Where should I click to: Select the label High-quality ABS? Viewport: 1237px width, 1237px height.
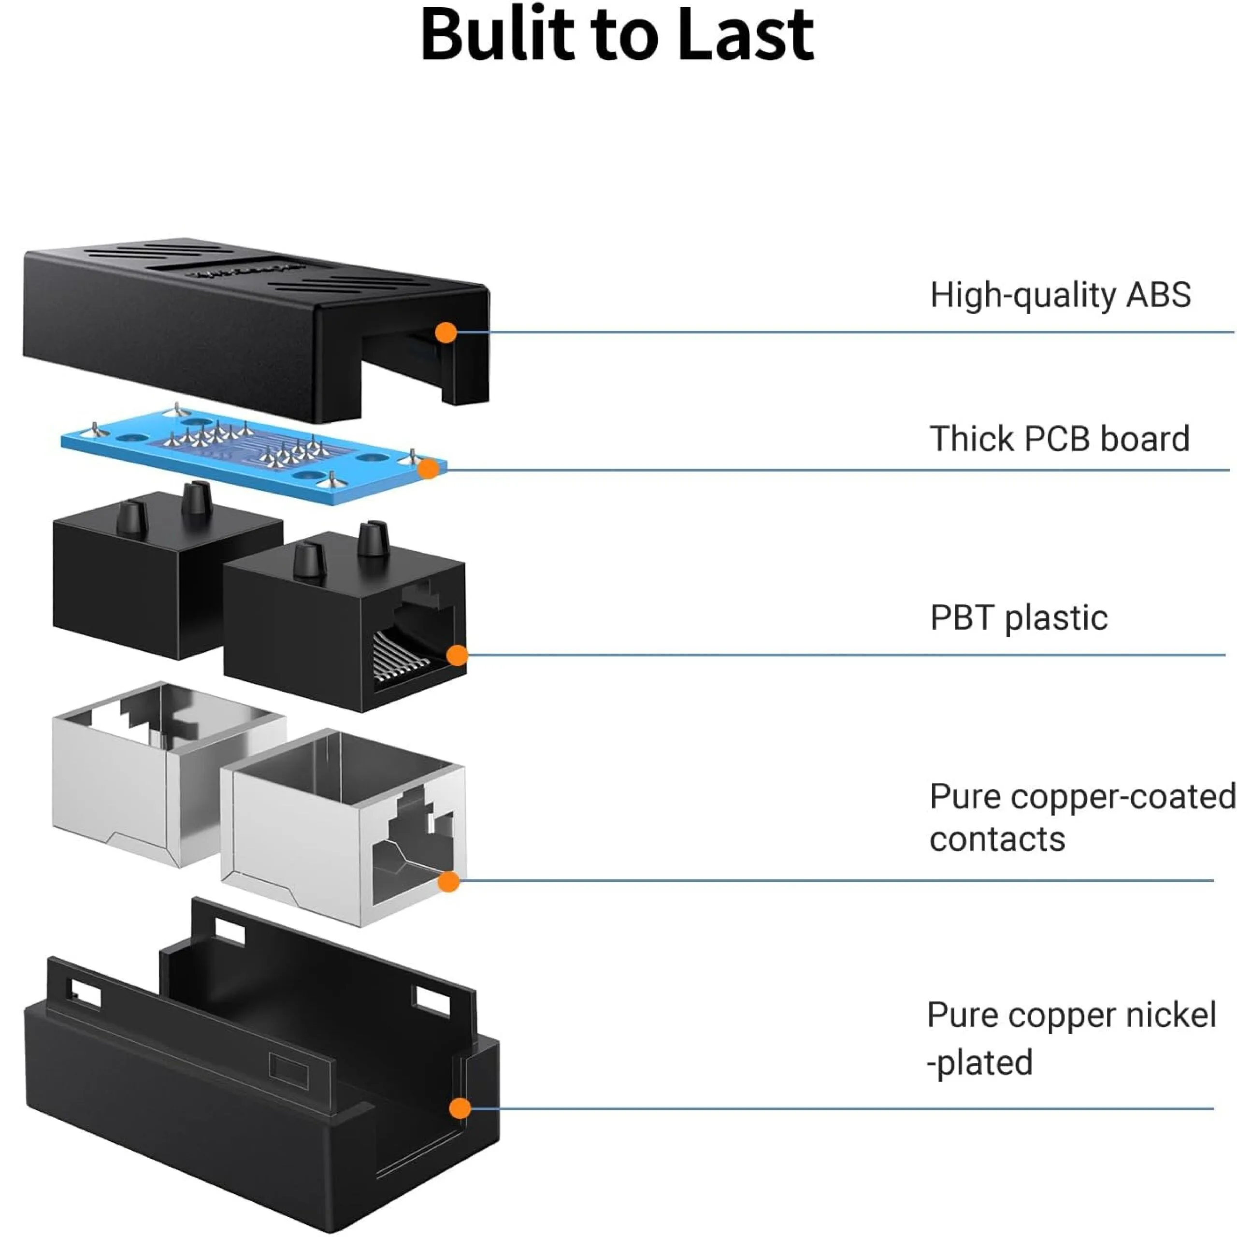(x=1060, y=295)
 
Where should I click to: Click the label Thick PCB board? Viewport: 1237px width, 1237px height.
(x=1060, y=439)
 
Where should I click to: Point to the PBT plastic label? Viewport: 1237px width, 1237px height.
(x=1019, y=618)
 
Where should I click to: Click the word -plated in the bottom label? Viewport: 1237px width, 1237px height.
(x=980, y=1064)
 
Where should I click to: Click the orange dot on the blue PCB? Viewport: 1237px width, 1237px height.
(x=428, y=469)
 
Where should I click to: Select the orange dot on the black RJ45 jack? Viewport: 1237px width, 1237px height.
(x=457, y=655)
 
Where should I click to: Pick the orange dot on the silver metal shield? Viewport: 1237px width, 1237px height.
(x=449, y=882)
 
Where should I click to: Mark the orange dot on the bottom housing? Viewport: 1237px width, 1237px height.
(x=460, y=1108)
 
